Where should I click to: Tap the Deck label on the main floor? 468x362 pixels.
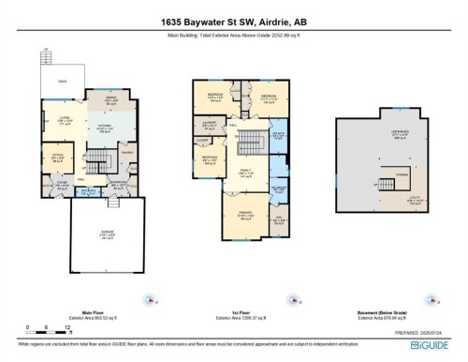62,82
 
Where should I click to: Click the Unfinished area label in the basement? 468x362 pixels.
373,134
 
